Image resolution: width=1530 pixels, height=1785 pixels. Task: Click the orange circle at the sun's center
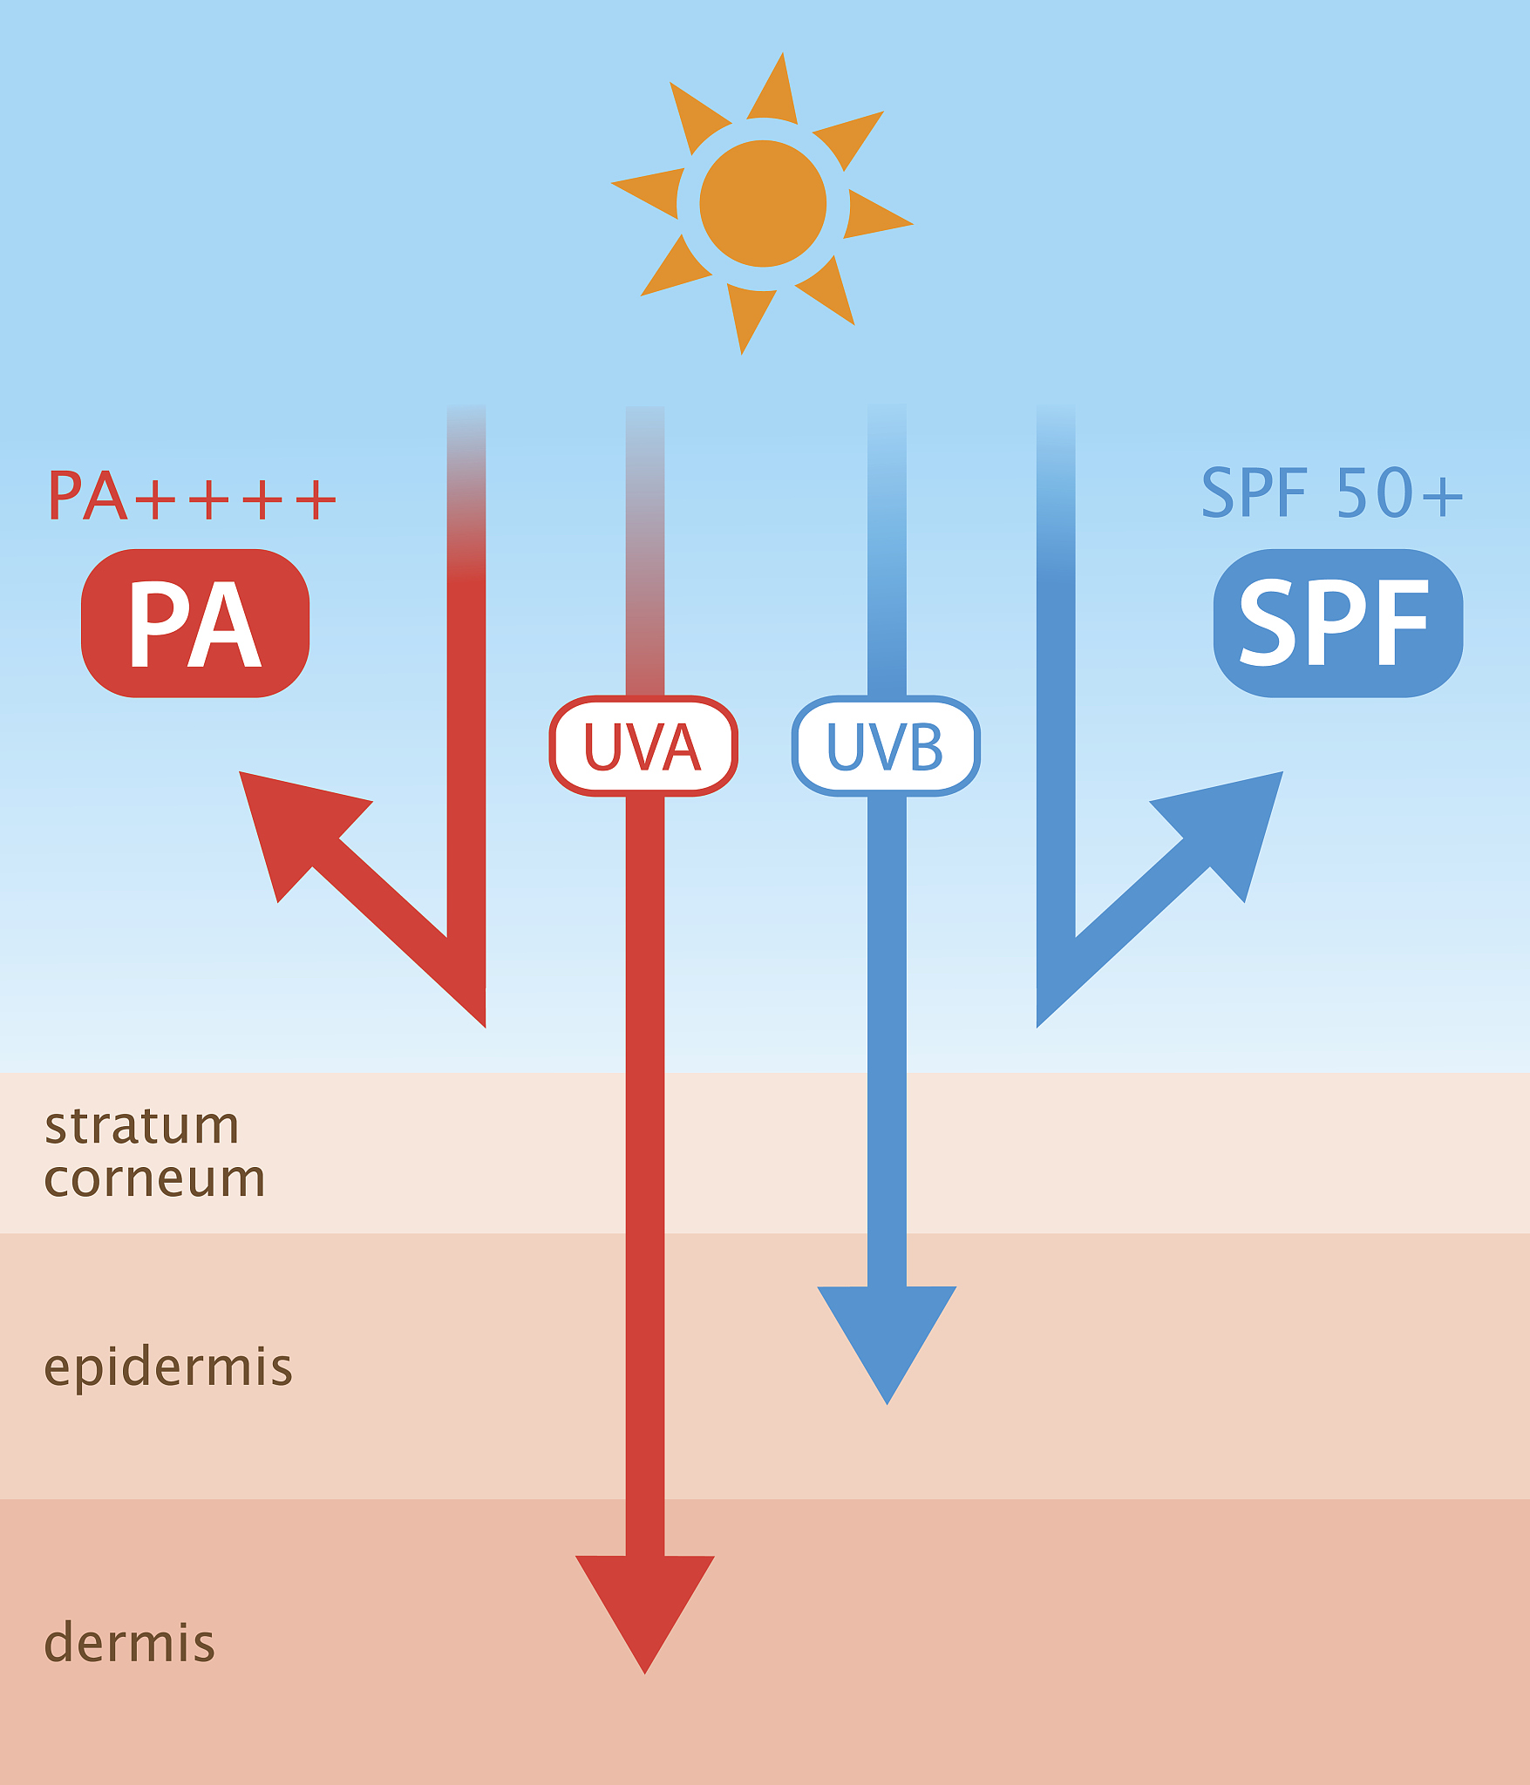(763, 203)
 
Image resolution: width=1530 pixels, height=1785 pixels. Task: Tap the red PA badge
(195, 622)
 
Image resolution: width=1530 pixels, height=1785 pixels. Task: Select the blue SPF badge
(1337, 622)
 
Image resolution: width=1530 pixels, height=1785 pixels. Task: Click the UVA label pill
(643, 746)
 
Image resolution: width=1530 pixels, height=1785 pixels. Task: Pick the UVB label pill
(886, 746)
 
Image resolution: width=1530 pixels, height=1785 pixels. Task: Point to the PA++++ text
(192, 497)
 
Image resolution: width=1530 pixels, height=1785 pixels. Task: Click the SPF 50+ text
(1331, 493)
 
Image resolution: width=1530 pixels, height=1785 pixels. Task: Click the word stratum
(142, 1125)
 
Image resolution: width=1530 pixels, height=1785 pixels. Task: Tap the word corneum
(154, 1179)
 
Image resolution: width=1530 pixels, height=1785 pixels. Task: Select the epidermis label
(168, 1367)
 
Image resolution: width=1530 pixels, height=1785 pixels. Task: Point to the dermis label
(129, 1643)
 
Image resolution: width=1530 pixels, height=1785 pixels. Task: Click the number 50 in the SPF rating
(1372, 493)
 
